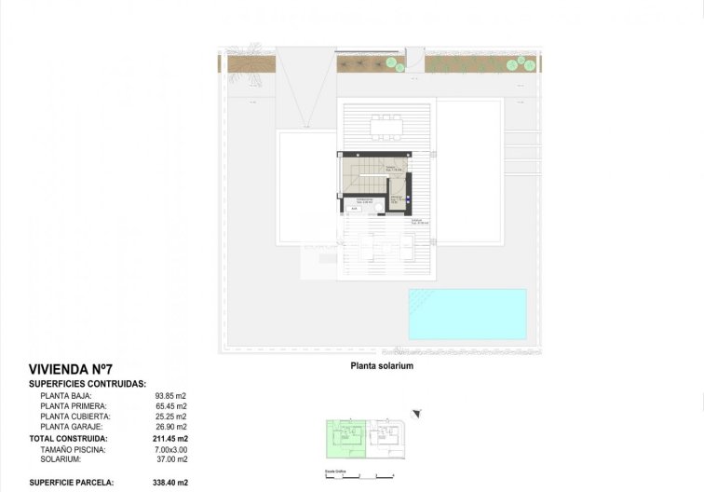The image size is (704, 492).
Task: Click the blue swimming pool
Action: point(467,314)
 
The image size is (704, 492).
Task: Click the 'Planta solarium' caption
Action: point(382,366)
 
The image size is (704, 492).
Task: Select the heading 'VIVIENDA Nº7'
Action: point(72,370)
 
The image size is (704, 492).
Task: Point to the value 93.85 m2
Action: point(170,396)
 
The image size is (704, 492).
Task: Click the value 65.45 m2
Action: point(170,406)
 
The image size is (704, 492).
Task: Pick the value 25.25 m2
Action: point(170,417)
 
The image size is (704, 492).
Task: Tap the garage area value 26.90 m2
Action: point(170,427)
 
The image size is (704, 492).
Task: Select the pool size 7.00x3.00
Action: point(170,449)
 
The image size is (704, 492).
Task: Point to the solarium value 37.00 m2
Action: point(170,459)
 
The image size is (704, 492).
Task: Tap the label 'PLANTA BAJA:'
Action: point(66,396)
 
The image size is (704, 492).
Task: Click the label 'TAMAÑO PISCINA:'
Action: point(74,449)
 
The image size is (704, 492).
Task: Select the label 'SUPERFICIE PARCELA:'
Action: point(72,482)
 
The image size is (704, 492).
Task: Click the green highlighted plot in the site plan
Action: point(345,439)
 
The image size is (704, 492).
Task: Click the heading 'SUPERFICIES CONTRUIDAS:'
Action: point(87,383)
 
